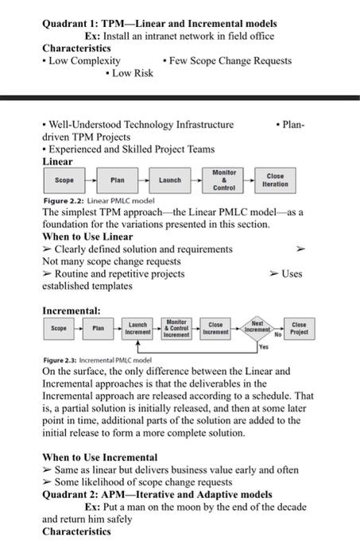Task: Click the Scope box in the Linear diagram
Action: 64,180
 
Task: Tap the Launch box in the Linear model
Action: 170,180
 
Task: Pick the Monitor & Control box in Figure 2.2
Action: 224,180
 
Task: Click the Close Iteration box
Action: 275,180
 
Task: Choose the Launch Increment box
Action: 138,329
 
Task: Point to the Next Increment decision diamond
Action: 256,328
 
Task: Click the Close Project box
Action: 299,328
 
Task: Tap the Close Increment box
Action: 215,329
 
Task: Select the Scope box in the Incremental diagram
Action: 59,328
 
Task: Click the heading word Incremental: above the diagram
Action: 71,309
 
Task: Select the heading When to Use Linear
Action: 87,236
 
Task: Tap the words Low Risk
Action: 132,73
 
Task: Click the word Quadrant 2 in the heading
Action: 72,494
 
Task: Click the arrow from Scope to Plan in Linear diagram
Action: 91,180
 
